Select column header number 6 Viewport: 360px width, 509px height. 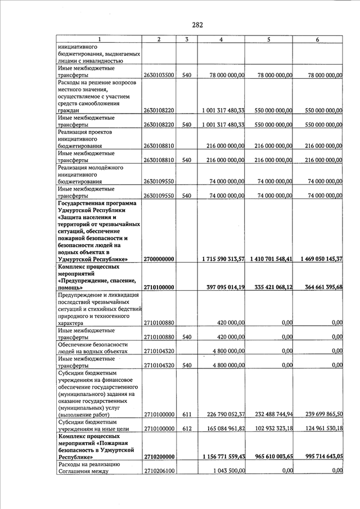(x=318, y=39)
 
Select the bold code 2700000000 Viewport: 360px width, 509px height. (x=159, y=259)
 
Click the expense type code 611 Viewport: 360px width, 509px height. (x=187, y=415)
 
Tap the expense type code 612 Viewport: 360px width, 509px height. (x=187, y=429)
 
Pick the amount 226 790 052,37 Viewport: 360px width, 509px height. (x=224, y=415)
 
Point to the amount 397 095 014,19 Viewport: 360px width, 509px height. (x=225, y=287)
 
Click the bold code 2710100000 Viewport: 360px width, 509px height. (x=159, y=287)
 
